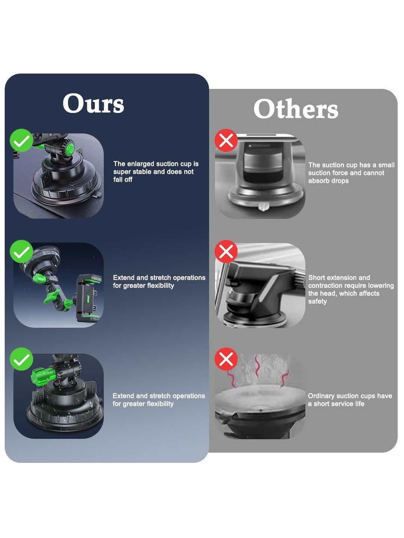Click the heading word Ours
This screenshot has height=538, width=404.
coord(94,103)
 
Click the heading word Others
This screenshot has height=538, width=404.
coord(296,109)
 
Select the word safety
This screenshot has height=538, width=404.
coord(318,301)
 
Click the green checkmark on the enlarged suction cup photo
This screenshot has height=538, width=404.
coord(21,140)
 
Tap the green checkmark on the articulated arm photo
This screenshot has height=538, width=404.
coord(21,251)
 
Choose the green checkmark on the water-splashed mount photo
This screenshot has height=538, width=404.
coord(21,359)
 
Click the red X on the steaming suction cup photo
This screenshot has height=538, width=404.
coord(226,359)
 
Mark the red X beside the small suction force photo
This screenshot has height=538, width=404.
coord(226,140)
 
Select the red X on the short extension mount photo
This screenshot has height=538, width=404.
coord(226,251)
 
